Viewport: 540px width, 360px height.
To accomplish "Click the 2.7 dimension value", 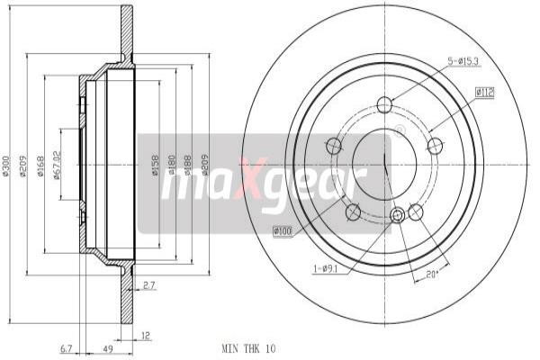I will point(148,285).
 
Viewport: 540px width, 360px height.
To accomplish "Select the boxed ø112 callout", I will point(486,91).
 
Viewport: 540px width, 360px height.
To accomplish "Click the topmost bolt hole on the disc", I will point(384,103).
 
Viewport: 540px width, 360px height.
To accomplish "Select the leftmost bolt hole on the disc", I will point(334,145).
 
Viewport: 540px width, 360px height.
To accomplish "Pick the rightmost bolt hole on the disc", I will point(436,145).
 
